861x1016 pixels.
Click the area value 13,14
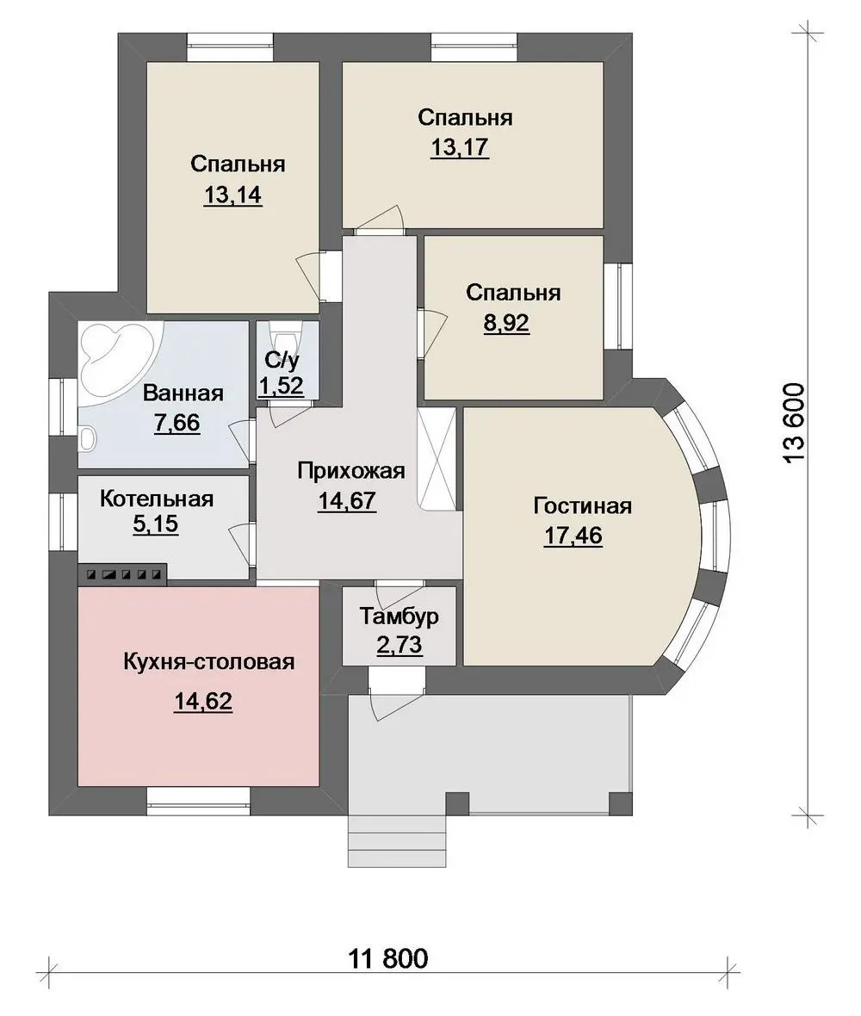(x=232, y=195)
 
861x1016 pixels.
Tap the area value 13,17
(x=460, y=148)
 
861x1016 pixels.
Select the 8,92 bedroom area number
(x=506, y=323)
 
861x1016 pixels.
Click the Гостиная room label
(x=582, y=505)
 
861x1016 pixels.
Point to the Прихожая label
(x=351, y=471)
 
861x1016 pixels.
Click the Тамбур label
(x=400, y=616)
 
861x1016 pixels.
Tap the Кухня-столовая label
(x=208, y=662)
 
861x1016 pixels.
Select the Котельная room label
(x=157, y=499)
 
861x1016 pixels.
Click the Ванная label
(x=183, y=393)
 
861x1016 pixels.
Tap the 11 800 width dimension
(x=388, y=957)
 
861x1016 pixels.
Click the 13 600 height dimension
(x=794, y=423)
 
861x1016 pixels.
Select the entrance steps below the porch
(x=398, y=841)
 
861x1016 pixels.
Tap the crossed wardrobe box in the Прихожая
(x=437, y=459)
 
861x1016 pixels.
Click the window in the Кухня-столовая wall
(x=198, y=801)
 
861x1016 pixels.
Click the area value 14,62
(x=203, y=701)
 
